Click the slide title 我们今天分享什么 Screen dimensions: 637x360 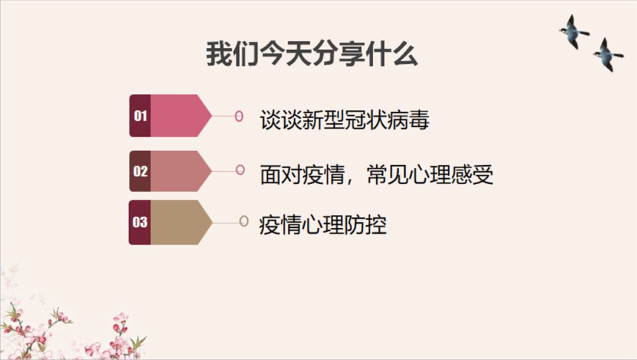pos(311,54)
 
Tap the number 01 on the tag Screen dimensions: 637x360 pos(140,116)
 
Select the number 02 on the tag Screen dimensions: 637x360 pos(140,171)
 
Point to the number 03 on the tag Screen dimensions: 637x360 pos(140,222)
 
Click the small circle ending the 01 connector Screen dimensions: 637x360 pos(239,116)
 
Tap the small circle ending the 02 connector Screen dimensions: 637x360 pos(240,170)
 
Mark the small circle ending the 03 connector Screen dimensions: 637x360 pos(244,221)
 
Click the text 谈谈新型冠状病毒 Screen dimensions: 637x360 pos(344,120)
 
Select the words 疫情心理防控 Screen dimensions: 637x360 pos(323,225)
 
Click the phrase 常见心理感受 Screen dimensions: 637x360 pos(430,174)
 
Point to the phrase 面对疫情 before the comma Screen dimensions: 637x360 pos(302,174)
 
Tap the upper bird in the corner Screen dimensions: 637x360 pos(574,32)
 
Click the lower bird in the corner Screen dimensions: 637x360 pos(608,54)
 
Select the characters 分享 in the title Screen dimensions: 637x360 pos(339,54)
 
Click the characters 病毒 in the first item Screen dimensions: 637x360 pos(408,120)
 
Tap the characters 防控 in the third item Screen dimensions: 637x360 pos(366,225)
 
